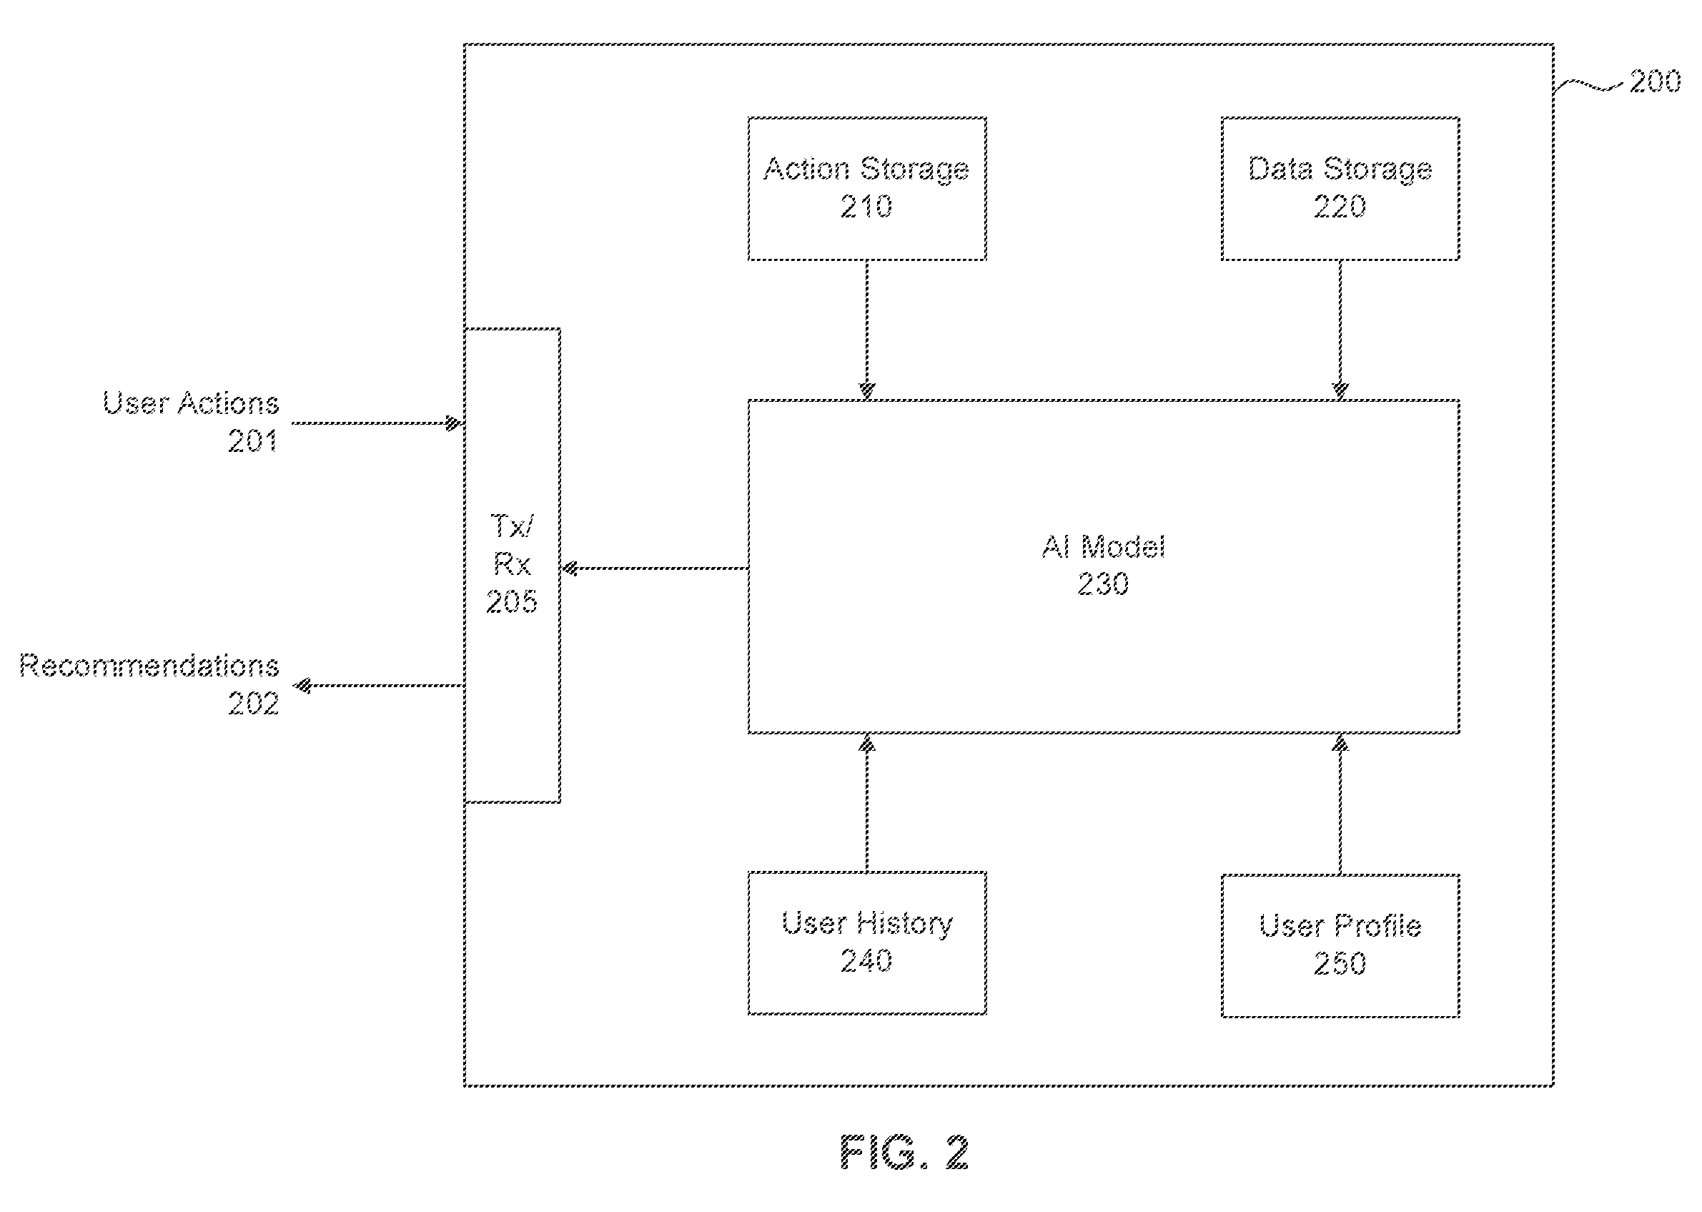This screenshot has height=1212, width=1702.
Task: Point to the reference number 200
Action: [x=1654, y=82]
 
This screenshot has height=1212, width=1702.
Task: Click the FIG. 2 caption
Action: [x=904, y=1153]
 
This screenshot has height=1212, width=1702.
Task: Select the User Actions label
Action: [x=191, y=404]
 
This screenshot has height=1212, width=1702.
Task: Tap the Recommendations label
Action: [x=149, y=666]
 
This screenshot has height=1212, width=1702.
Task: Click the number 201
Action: [x=253, y=441]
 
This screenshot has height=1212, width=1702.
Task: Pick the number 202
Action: [x=254, y=704]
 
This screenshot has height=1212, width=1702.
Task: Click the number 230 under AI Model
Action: [x=1103, y=583]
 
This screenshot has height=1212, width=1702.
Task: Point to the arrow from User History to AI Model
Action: [x=866, y=802]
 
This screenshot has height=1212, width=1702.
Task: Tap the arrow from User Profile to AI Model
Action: [x=1340, y=804]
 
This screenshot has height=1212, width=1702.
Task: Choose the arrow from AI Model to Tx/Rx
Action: [x=654, y=568]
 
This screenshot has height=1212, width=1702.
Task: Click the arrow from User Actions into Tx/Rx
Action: [x=377, y=423]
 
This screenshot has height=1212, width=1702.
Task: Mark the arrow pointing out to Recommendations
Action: [x=377, y=686]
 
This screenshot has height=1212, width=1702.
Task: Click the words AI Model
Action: [x=1103, y=547]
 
